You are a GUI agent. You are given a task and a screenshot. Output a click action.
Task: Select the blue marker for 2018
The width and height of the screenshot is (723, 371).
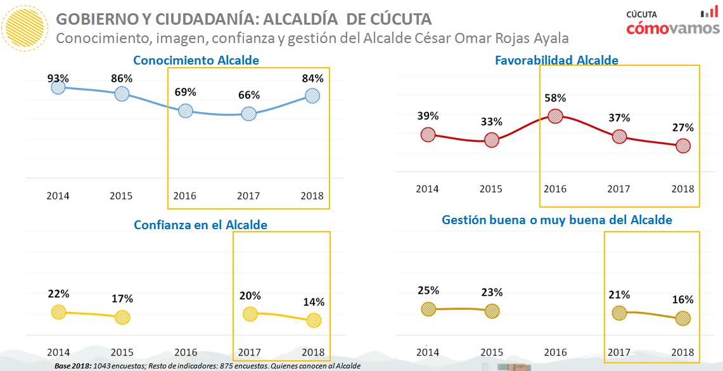click(x=312, y=96)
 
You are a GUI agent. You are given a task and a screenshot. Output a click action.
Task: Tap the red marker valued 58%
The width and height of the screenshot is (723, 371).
click(x=555, y=116)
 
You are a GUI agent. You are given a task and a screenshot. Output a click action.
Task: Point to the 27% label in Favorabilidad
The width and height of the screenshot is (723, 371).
click(x=683, y=127)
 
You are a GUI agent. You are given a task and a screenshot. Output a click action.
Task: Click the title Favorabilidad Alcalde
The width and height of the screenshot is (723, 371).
click(x=556, y=61)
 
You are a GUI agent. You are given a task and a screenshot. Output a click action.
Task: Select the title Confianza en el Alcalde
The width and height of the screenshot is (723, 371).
click(x=200, y=225)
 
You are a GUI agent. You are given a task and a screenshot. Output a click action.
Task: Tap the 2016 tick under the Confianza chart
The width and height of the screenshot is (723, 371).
click(x=186, y=352)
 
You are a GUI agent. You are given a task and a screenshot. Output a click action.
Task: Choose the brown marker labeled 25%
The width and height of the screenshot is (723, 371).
click(x=428, y=309)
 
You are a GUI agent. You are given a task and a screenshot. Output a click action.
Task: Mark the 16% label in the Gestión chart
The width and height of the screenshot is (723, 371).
click(x=682, y=299)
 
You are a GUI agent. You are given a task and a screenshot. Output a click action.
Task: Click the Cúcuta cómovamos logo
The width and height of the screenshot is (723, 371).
click(x=672, y=23)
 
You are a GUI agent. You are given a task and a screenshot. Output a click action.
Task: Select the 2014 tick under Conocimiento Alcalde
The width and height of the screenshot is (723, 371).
click(x=58, y=196)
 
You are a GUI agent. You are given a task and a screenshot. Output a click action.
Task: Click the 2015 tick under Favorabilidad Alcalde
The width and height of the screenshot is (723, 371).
click(x=491, y=189)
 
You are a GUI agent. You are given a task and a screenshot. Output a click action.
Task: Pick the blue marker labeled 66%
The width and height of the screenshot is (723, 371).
click(x=249, y=114)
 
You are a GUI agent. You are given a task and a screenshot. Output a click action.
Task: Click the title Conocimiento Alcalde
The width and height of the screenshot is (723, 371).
click(x=196, y=61)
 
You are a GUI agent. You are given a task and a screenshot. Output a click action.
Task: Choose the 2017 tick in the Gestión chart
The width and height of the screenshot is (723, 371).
click(x=619, y=352)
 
